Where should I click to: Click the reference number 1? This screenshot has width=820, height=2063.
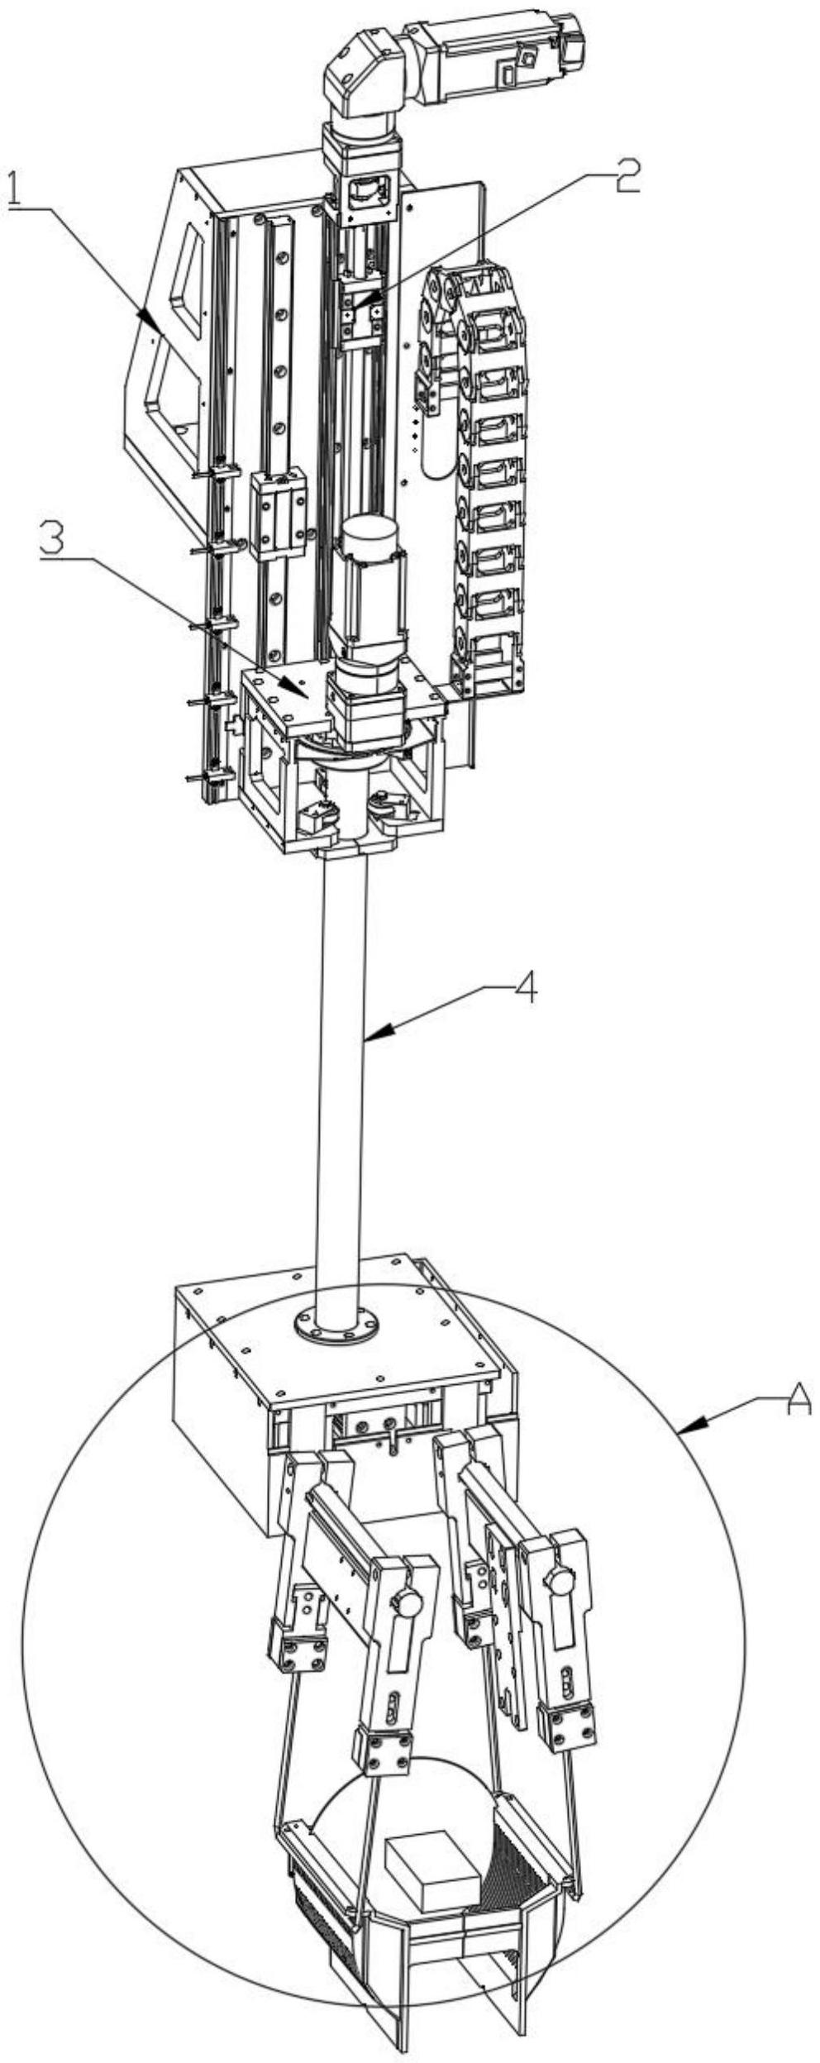pos(16,189)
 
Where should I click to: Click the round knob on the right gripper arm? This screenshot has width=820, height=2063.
pos(560,1582)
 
